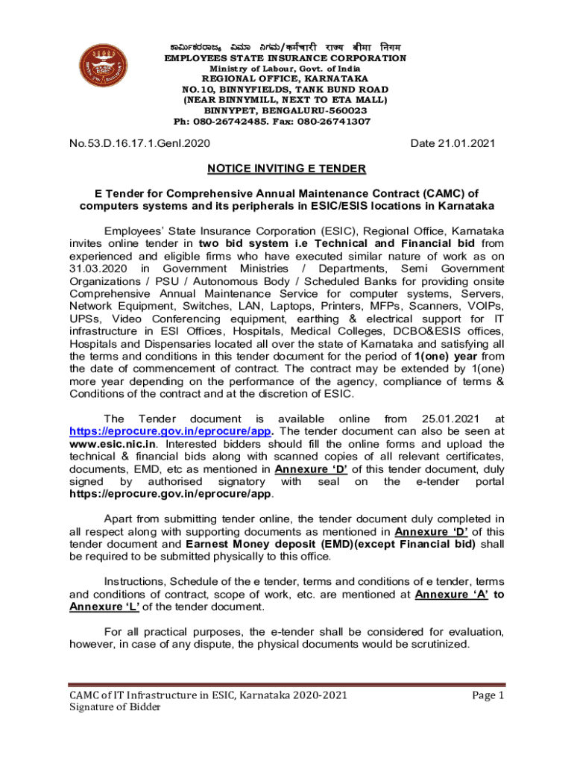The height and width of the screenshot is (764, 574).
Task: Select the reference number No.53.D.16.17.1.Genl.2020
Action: (139, 143)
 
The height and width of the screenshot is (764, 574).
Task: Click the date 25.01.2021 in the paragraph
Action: (447, 419)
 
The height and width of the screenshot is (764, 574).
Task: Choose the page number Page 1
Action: (488, 695)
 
